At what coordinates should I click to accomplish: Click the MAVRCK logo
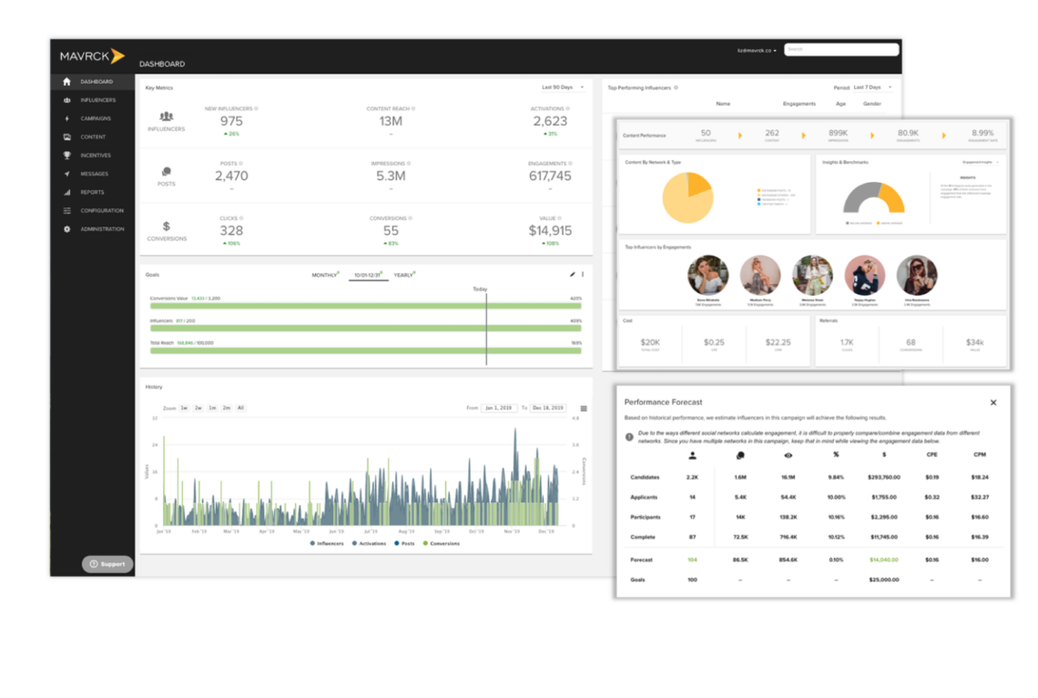[x=92, y=56]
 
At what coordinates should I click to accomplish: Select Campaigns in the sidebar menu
[x=96, y=118]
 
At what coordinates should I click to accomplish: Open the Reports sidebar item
[x=92, y=192]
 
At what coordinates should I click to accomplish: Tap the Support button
[x=107, y=564]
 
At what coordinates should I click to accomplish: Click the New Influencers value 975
[x=231, y=121]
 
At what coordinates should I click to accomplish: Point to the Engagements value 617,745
[x=550, y=176]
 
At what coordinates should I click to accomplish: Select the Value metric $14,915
[x=550, y=231]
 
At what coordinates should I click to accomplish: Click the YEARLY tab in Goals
[x=403, y=275]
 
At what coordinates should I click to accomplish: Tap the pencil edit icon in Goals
[x=573, y=274]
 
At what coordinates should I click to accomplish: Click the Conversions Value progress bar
[x=364, y=306]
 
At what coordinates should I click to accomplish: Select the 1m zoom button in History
[x=212, y=408]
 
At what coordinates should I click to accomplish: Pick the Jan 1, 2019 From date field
[x=499, y=408]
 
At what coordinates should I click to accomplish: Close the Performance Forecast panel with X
[x=993, y=402]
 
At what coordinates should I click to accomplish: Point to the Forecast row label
[x=643, y=560]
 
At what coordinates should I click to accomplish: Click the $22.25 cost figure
[x=778, y=343]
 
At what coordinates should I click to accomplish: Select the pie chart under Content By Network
[x=687, y=197]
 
